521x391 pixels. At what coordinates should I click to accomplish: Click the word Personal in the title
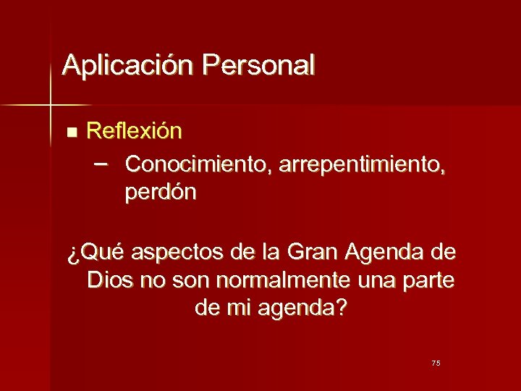point(259,65)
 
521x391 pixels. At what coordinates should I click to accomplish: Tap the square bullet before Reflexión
point(70,133)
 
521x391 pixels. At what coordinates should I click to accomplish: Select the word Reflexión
point(134,131)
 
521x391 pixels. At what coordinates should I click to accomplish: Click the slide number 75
point(436,363)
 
